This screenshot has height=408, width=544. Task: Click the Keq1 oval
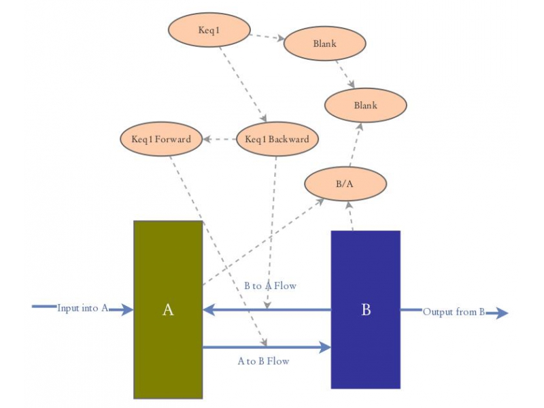(x=209, y=31)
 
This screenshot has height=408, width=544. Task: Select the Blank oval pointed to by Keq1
(x=325, y=44)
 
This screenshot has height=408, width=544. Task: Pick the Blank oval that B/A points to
(x=365, y=105)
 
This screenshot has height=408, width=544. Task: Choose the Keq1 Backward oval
(x=277, y=139)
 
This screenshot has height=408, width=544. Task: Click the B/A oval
(x=345, y=184)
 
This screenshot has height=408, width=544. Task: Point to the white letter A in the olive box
(x=168, y=310)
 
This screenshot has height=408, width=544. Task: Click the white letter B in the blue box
(x=366, y=310)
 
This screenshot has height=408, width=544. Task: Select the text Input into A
(x=82, y=308)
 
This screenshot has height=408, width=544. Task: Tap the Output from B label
(x=454, y=312)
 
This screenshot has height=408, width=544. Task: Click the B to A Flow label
(x=270, y=286)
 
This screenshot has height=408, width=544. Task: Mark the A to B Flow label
(x=263, y=361)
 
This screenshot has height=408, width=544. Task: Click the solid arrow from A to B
(x=265, y=347)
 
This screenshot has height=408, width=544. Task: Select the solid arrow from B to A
(x=265, y=310)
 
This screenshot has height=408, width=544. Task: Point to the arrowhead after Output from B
(x=501, y=313)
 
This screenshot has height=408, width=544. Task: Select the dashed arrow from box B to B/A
(x=350, y=216)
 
